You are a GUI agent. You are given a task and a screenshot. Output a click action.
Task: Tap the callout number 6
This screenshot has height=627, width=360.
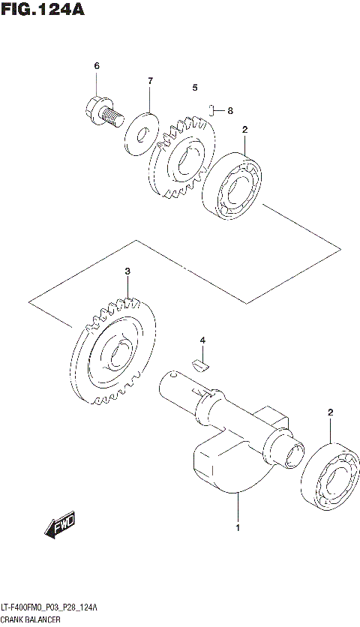pyautogui.click(x=97, y=67)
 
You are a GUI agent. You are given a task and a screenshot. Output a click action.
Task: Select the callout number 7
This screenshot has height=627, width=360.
pyautogui.click(x=150, y=80)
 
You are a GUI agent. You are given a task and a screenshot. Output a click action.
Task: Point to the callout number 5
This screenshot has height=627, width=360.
pyautogui.click(x=194, y=88)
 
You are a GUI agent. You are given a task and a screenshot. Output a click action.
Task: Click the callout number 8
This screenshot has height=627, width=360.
pyautogui.click(x=230, y=111)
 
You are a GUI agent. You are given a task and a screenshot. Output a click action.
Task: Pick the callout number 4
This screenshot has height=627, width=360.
pyautogui.click(x=202, y=342)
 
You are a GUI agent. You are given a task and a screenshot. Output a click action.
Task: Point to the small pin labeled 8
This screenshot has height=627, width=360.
pyautogui.click(x=213, y=110)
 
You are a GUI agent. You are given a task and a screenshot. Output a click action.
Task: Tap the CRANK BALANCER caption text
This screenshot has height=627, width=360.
pyautogui.click(x=36, y=619)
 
